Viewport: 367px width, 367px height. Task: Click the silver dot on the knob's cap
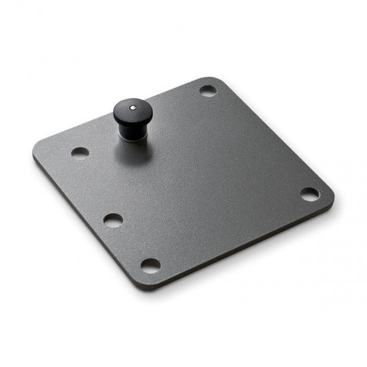coord(133,106)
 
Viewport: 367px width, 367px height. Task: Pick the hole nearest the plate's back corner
coord(208,90)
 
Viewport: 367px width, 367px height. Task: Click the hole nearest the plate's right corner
coord(310,194)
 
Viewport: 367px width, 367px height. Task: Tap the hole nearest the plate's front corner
coord(151,264)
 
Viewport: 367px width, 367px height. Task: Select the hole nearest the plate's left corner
coord(80,152)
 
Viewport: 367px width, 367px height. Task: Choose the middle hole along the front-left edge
coord(113,219)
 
